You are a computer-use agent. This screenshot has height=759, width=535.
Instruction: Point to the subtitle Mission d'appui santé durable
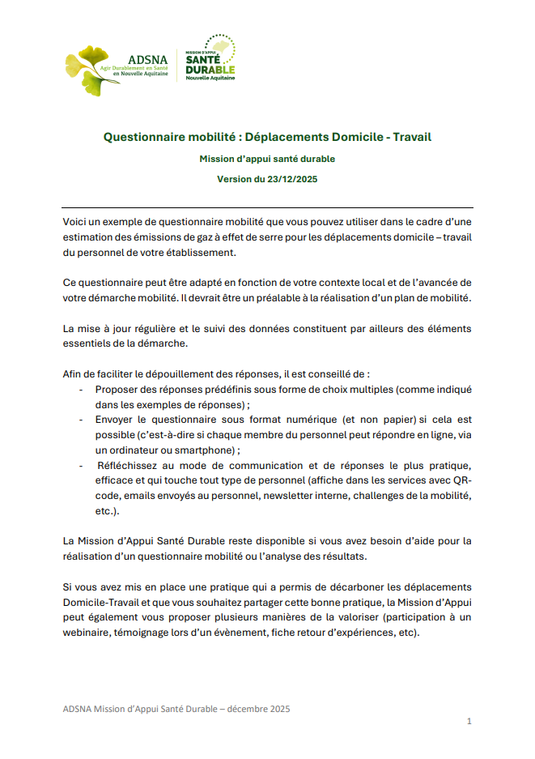point(267,159)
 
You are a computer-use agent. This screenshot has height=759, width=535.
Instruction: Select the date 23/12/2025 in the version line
point(287,179)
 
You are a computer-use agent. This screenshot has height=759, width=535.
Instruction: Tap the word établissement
point(199,252)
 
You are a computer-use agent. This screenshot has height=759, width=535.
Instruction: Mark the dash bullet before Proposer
point(82,390)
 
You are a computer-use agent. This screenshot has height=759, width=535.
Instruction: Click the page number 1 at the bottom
point(469,721)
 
